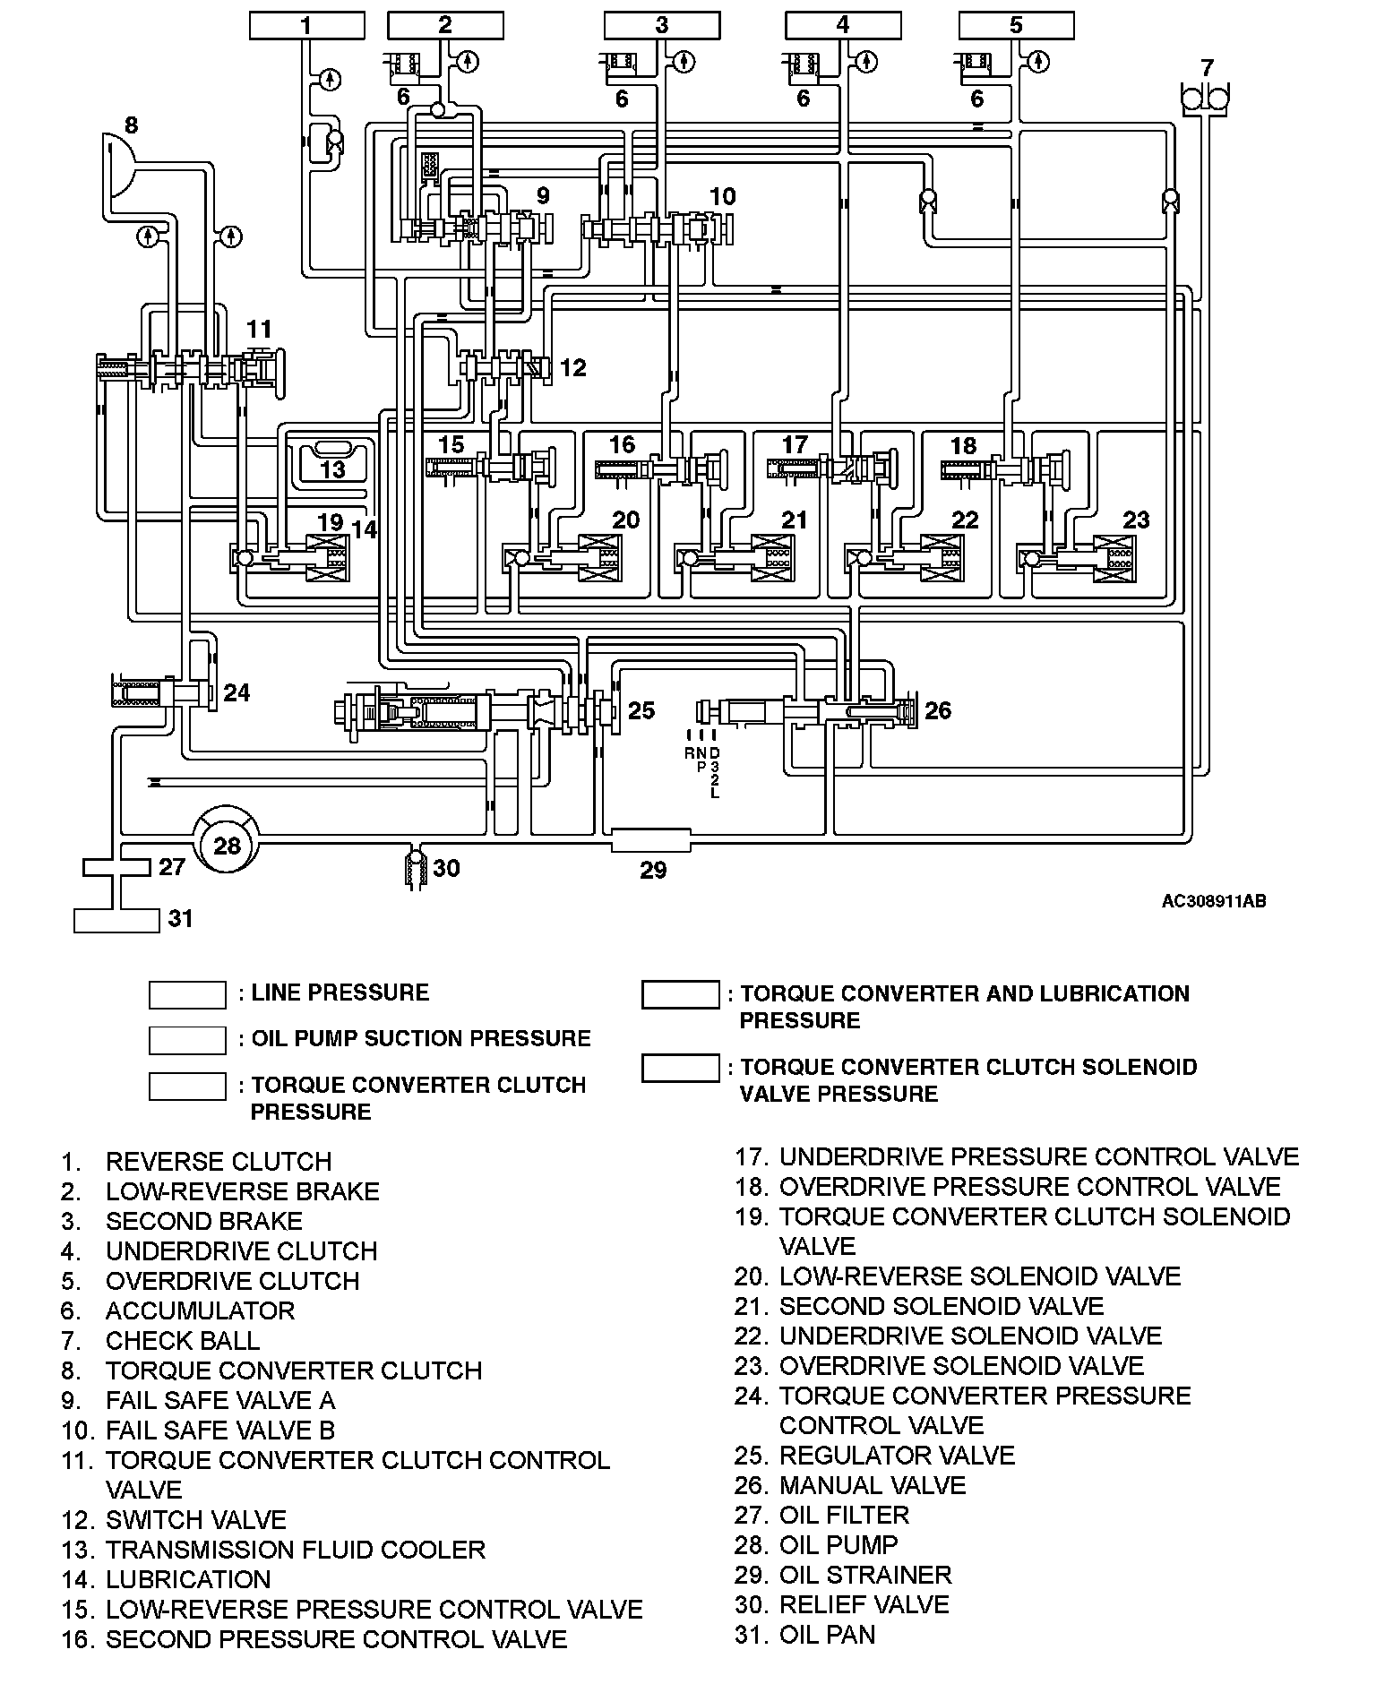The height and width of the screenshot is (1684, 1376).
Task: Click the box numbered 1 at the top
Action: pyautogui.click(x=306, y=25)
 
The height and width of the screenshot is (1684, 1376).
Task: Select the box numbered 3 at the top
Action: pyautogui.click(x=662, y=25)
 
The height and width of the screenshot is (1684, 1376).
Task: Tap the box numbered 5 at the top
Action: pyautogui.click(x=1016, y=25)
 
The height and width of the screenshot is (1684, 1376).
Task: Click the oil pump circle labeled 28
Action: pyautogui.click(x=228, y=845)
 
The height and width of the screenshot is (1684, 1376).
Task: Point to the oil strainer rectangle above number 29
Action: pyautogui.click(x=651, y=840)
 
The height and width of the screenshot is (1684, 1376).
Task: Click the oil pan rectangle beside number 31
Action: pyautogui.click(x=116, y=920)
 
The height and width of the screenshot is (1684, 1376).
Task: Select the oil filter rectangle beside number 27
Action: pyautogui.click(x=116, y=867)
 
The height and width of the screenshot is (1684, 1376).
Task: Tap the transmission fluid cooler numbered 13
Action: pyautogui.click(x=332, y=461)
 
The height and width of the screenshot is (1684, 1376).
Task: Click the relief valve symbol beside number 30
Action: pyautogui.click(x=415, y=868)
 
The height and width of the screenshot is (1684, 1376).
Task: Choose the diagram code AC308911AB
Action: pyautogui.click(x=1214, y=901)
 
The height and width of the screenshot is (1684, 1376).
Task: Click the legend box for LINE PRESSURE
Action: pyautogui.click(x=187, y=994)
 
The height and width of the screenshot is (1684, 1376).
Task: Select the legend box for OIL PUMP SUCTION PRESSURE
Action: pyautogui.click(x=187, y=1040)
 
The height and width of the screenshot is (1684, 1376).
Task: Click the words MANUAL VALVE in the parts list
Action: pyautogui.click(x=873, y=1485)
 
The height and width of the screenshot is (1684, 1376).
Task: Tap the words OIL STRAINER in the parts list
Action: pyautogui.click(x=865, y=1575)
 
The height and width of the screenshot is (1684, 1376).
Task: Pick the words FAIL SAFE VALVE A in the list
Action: pyautogui.click(x=220, y=1400)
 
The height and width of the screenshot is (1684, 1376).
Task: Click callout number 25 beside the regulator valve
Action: pyautogui.click(x=641, y=710)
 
